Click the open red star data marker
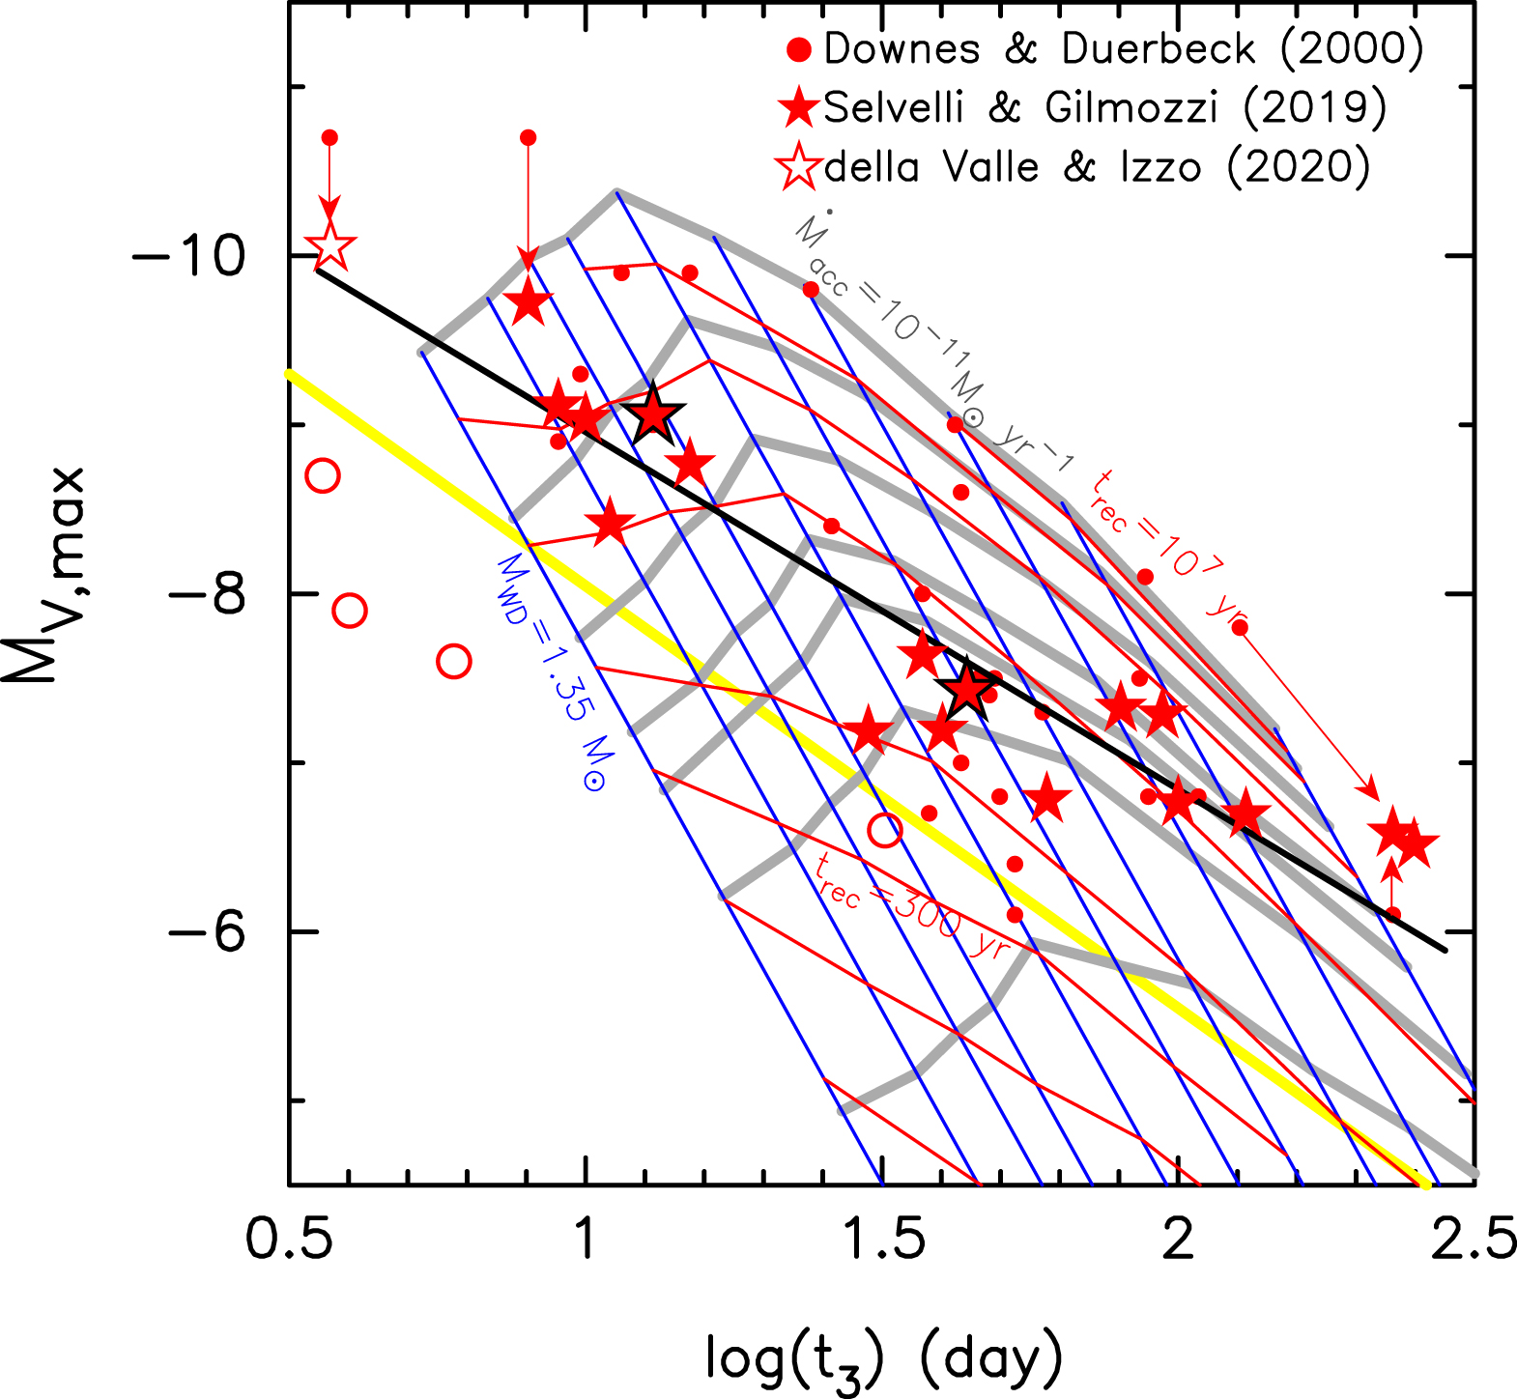(329, 247)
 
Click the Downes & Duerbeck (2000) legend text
(1124, 49)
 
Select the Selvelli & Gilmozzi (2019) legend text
(1104, 107)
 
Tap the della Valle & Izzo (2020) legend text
(1097, 167)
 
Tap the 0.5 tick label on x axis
(290, 1240)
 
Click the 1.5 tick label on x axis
(882, 1240)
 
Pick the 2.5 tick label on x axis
(1473, 1240)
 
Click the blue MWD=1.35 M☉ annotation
(552, 672)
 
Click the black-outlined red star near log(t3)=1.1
(653, 414)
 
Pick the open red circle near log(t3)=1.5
(885, 830)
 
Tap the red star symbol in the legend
(800, 107)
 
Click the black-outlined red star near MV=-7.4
(966, 688)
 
